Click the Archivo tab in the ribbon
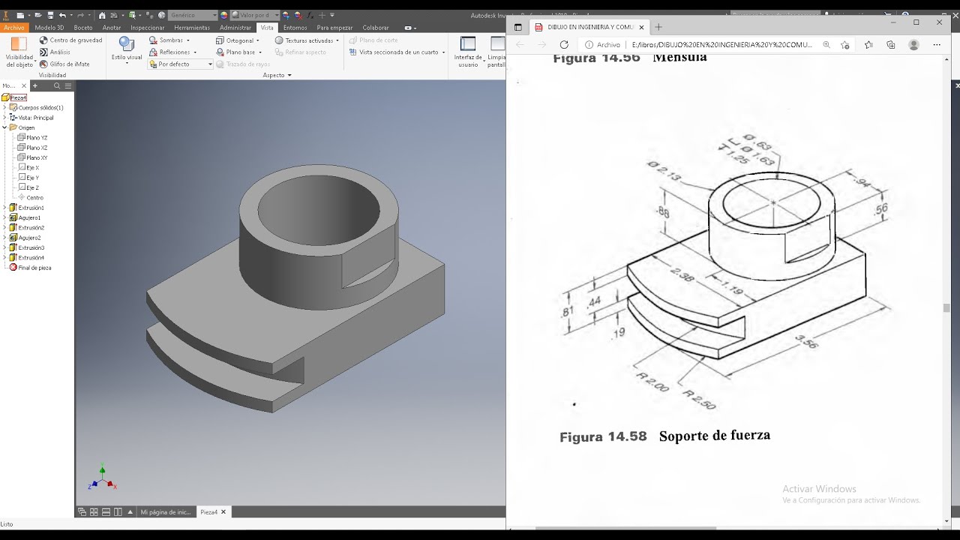tap(13, 28)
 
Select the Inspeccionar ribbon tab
tap(147, 28)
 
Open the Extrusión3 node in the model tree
tap(31, 247)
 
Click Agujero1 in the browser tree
tap(29, 217)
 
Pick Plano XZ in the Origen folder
tap(36, 148)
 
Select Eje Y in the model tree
tap(32, 178)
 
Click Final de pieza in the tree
tap(34, 268)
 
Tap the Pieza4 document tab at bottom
tap(208, 512)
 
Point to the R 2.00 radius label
tap(651, 382)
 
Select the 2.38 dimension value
tap(682, 274)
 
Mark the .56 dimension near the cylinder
tap(880, 210)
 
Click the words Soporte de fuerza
tap(714, 436)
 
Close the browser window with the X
tap(939, 22)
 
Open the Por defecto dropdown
tap(180, 64)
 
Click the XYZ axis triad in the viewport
tap(102, 478)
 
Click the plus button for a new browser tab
tap(658, 27)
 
